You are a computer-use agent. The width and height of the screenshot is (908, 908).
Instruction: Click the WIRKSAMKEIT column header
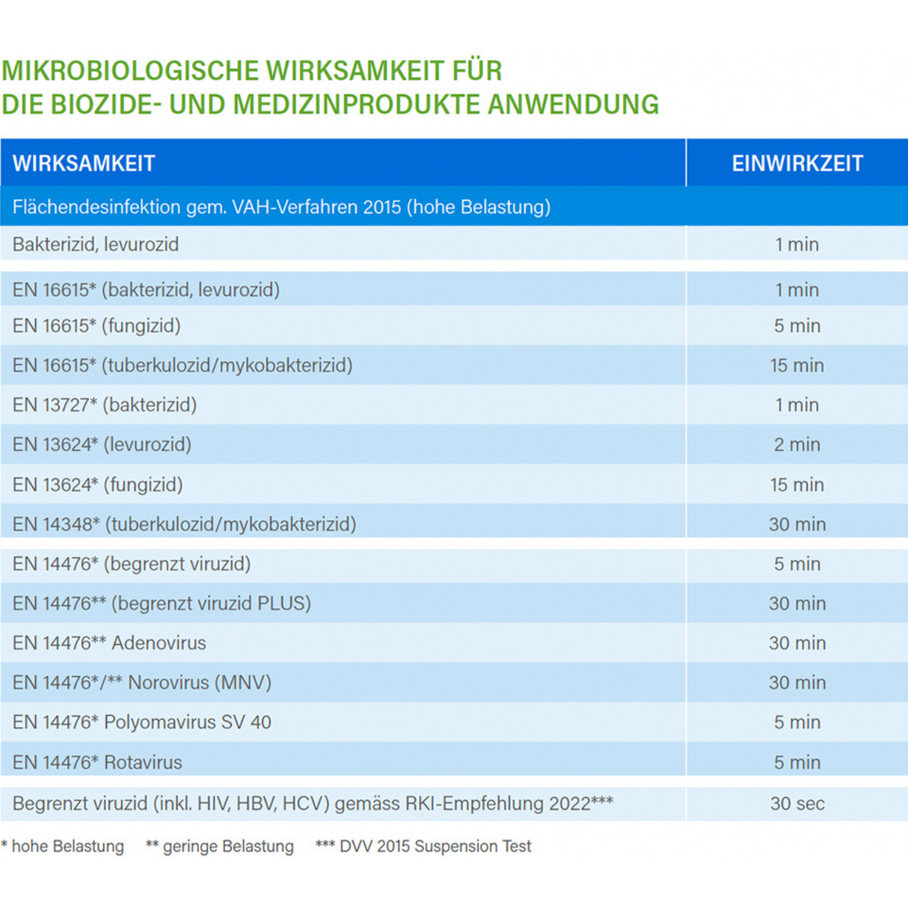coord(84,163)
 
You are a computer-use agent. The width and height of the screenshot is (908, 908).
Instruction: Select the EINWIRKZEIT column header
coord(797,163)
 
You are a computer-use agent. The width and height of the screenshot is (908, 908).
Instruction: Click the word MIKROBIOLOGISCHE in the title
coord(131,71)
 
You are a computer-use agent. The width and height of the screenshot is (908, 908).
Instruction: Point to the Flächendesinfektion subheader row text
coord(281,207)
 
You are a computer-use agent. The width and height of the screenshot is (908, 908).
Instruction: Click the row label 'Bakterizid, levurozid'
coord(96,245)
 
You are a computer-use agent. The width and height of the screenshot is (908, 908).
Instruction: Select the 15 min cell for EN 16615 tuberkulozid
coord(797,366)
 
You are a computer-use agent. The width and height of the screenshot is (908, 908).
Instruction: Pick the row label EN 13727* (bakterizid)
coord(105,405)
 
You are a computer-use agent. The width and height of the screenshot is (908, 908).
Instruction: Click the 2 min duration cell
coord(797,445)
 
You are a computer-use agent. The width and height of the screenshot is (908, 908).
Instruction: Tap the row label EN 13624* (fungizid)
coord(98,485)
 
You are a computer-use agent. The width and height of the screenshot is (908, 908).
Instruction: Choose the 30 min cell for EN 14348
coord(797,524)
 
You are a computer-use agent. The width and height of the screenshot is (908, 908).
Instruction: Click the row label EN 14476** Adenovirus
coord(109,643)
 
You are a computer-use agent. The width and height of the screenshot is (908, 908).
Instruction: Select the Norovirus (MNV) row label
coord(142,683)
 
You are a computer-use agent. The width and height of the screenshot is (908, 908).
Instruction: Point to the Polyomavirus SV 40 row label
coord(142,723)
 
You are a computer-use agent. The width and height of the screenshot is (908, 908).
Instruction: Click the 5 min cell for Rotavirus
coord(797,763)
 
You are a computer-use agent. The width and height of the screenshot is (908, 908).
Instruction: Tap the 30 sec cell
coord(797,804)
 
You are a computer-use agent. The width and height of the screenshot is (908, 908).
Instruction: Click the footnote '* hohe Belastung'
coord(63,847)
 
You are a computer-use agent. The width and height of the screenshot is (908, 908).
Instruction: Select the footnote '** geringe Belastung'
coord(220,847)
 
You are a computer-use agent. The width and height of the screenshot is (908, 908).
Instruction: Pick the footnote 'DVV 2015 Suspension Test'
coord(424,847)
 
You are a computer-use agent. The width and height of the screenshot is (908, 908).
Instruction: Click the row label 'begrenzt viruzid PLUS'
coord(162,604)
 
